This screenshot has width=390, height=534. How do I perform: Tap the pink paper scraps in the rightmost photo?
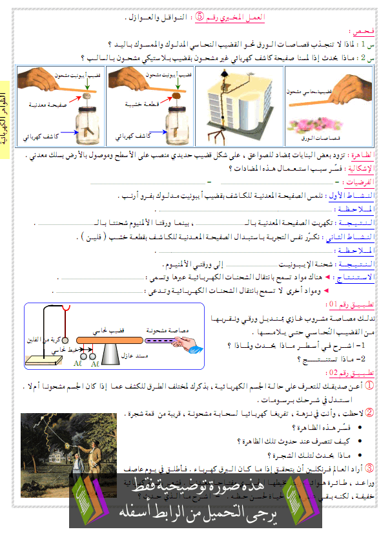327,126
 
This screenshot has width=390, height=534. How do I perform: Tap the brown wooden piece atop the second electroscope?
175,95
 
